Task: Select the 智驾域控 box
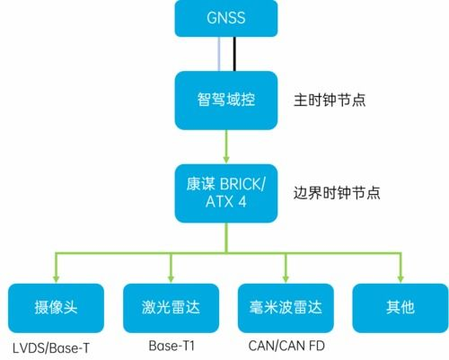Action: click(x=226, y=99)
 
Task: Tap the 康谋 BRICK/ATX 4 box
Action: click(x=226, y=193)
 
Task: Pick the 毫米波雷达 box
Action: click(x=285, y=308)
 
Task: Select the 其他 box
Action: click(x=400, y=308)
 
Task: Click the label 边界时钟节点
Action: click(x=337, y=193)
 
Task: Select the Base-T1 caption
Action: click(x=169, y=346)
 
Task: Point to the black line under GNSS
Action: click(x=235, y=55)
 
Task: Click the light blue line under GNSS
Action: click(x=219, y=55)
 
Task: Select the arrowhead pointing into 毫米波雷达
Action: click(x=286, y=277)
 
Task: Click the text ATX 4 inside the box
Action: click(x=226, y=205)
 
